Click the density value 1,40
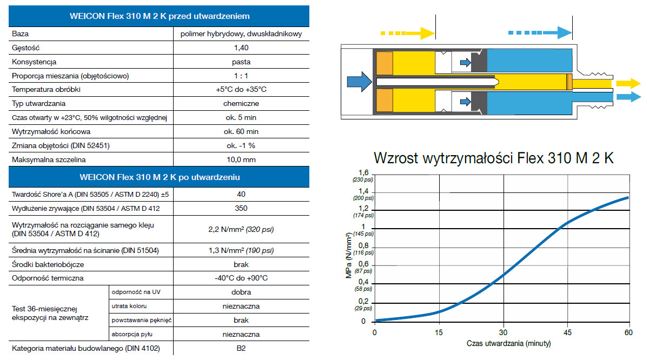241,48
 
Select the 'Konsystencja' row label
34,62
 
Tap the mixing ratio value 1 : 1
241,76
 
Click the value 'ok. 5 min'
241,118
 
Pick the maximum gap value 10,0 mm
241,159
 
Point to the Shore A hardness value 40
241,194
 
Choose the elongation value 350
241,208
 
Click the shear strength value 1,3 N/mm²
226,250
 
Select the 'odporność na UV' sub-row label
136,292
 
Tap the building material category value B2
241,348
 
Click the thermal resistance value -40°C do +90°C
241,278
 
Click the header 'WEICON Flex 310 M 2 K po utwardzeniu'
160,177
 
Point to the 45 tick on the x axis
567,332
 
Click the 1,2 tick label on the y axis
363,209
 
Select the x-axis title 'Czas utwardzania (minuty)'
508,343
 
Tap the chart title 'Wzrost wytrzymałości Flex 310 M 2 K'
494,158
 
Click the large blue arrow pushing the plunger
359,82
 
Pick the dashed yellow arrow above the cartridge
408,34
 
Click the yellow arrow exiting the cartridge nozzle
628,84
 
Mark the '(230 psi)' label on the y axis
363,180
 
